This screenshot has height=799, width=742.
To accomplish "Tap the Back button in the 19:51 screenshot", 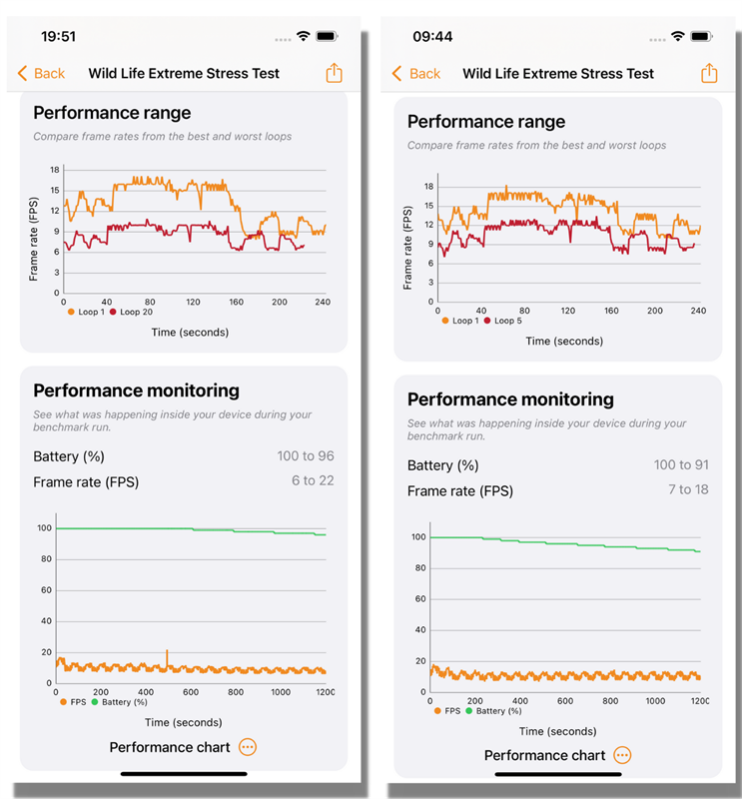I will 41,73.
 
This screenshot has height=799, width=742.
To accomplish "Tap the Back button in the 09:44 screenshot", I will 415,73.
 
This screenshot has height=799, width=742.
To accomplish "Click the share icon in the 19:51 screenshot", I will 334,73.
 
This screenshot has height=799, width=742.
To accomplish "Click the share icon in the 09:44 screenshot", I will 709,73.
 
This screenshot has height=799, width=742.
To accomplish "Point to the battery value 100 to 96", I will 306,456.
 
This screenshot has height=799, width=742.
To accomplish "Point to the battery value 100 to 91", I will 680,465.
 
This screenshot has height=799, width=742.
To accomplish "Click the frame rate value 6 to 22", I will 313,480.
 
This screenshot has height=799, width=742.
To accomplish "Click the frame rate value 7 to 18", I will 687,489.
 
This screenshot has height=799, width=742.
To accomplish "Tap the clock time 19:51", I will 58,36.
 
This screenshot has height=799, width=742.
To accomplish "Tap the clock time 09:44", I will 432,36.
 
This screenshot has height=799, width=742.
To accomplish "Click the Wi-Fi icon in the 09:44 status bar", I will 678,36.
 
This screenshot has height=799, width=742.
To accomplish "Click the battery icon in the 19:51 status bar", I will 327,36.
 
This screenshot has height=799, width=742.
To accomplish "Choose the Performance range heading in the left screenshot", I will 112,113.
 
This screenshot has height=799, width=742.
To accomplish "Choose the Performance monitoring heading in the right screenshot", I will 510,399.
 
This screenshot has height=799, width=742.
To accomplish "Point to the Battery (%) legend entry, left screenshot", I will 120,702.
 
